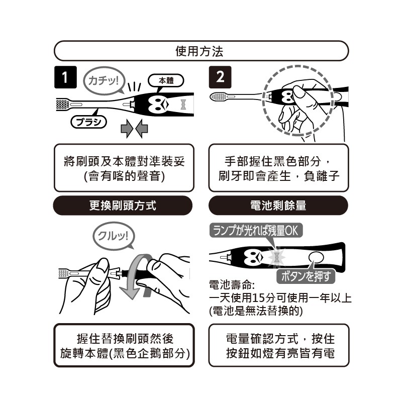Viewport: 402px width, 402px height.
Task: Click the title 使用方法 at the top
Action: tap(199, 51)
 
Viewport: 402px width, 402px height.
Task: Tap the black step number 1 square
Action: tap(65, 77)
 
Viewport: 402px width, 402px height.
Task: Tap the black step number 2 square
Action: tap(220, 77)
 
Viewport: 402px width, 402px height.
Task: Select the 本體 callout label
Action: tap(166, 81)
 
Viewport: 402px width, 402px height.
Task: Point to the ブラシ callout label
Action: tap(89, 122)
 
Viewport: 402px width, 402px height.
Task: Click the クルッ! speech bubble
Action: tap(113, 236)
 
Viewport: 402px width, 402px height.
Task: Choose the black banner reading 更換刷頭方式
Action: tap(123, 206)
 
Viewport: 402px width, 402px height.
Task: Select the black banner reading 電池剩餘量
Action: tap(278, 206)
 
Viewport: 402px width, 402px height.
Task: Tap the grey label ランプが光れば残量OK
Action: tap(256, 231)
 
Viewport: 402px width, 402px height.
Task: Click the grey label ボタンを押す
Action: tap(306, 276)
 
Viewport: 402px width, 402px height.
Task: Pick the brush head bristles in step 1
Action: tap(62, 105)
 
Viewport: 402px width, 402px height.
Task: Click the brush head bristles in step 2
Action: tap(218, 97)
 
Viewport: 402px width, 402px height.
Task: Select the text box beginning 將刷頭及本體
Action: tap(124, 168)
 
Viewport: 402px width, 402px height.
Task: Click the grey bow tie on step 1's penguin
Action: tap(183, 104)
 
